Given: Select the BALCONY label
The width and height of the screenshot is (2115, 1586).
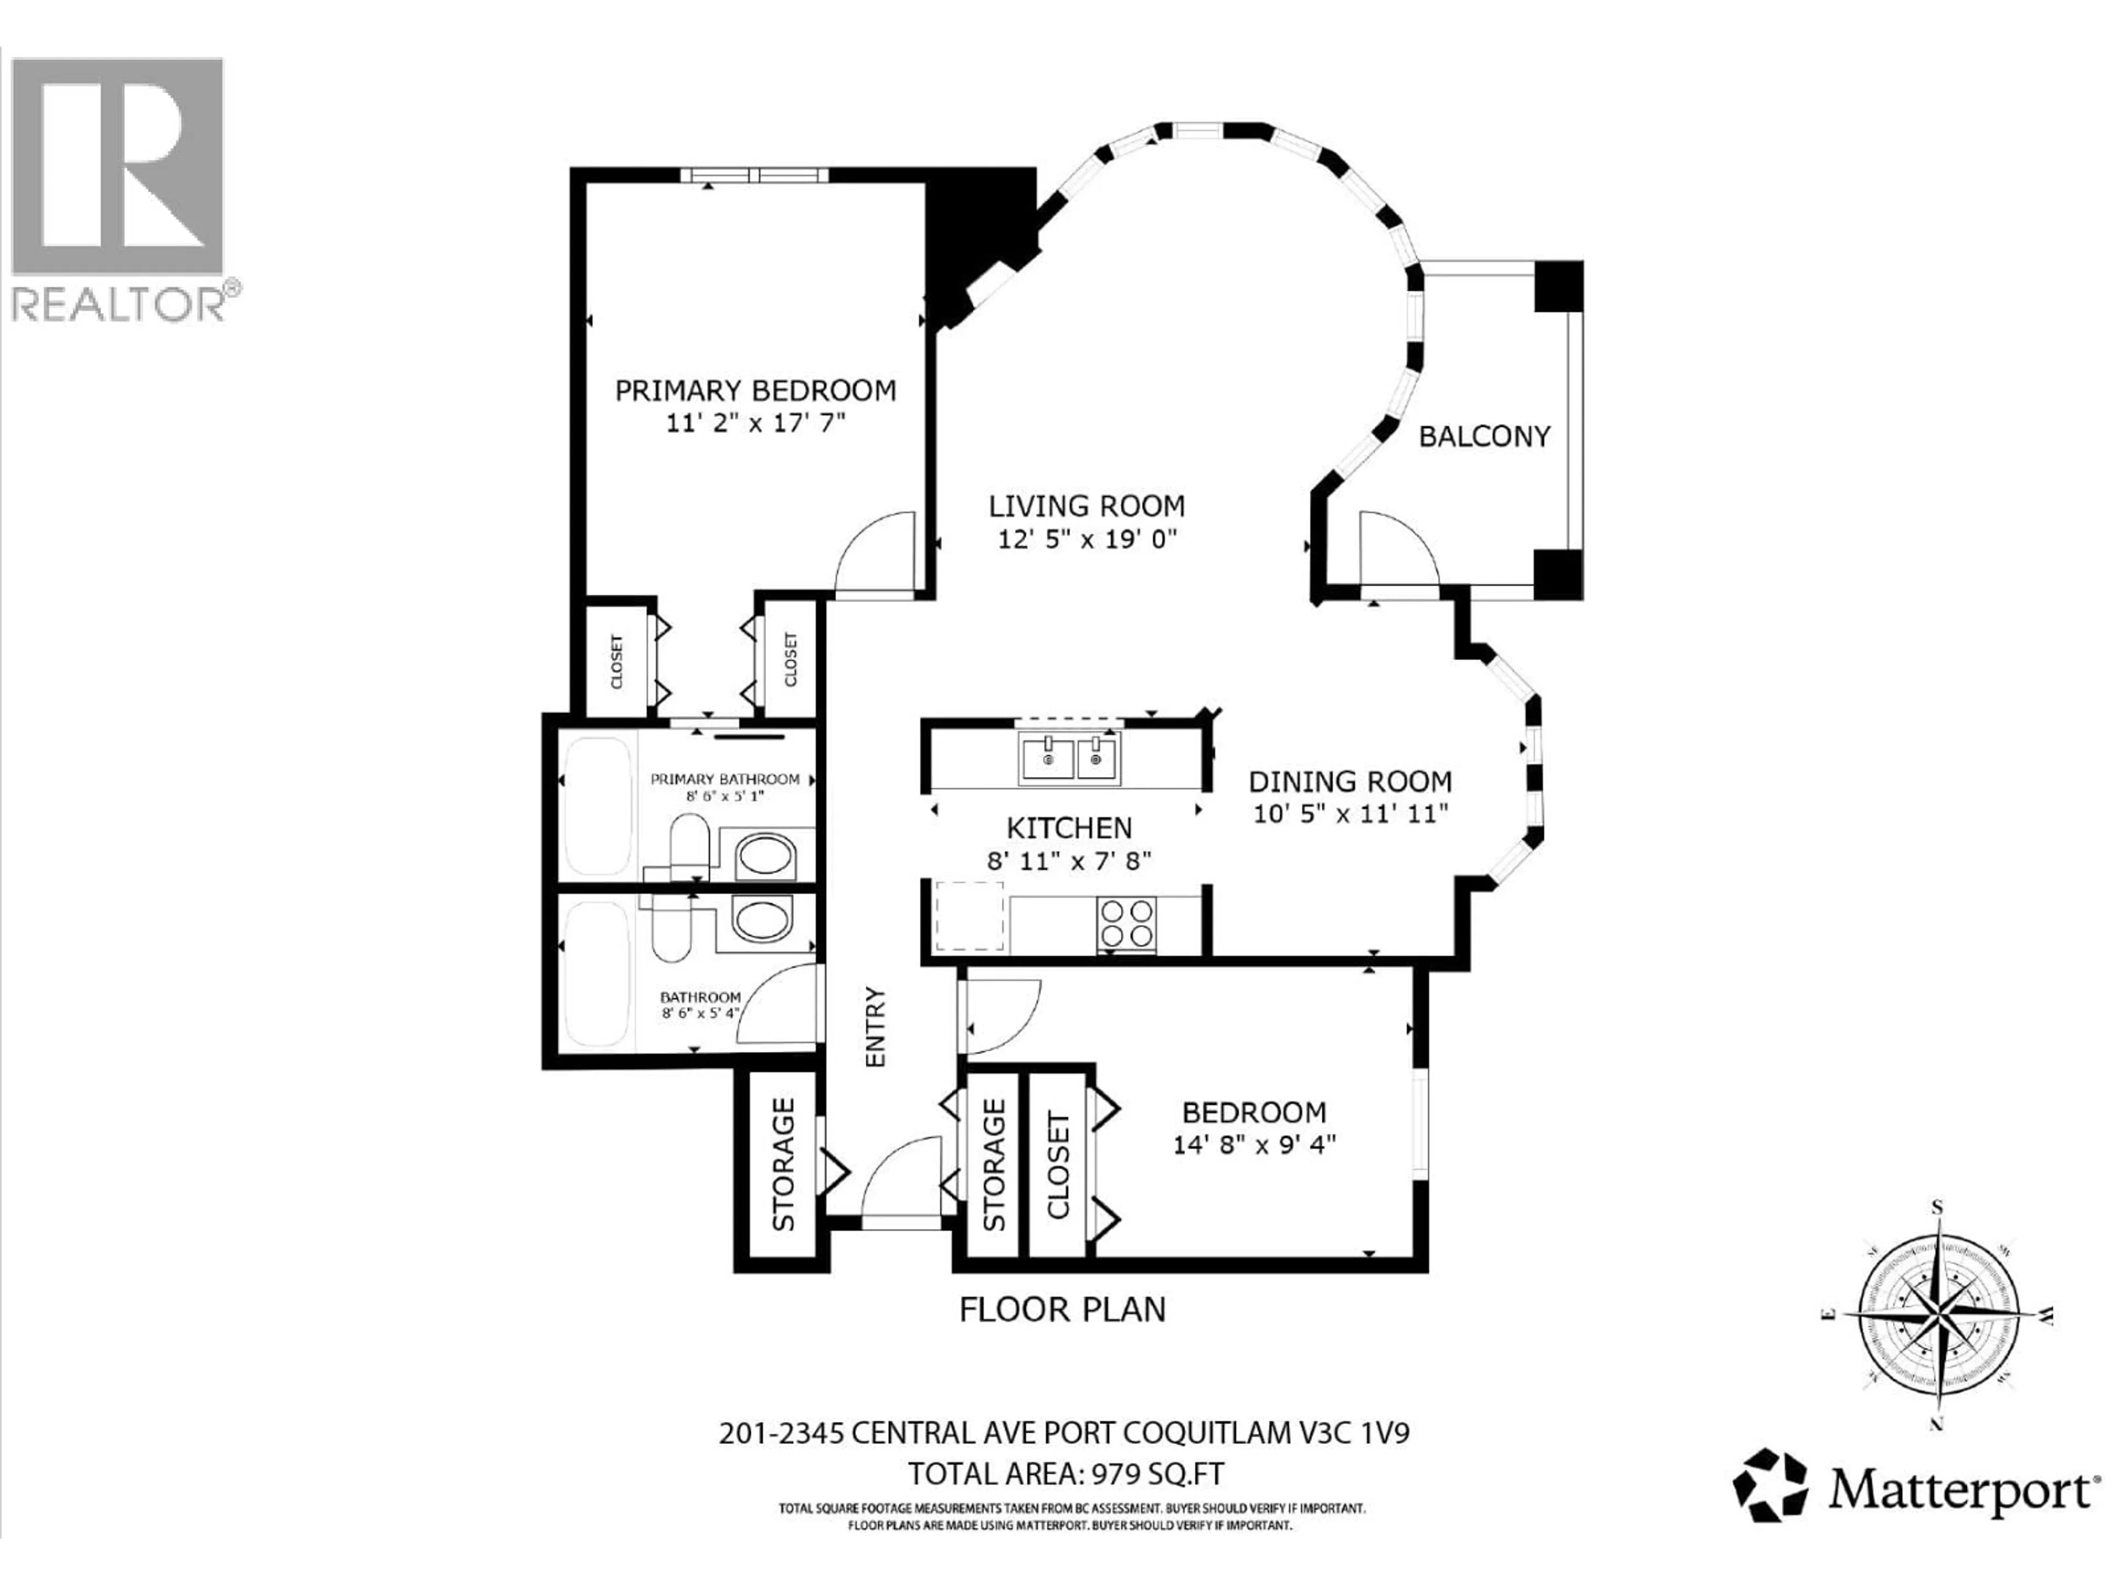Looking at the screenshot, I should coord(1484,437).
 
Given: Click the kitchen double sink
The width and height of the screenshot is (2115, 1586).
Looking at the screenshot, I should coord(1069,758).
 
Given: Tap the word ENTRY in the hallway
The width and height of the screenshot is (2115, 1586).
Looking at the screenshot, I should coord(876,1026).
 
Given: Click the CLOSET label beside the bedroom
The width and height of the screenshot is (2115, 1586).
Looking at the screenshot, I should coord(1057,1164).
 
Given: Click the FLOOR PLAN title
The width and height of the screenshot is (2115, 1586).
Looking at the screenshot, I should coord(1062,1310).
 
